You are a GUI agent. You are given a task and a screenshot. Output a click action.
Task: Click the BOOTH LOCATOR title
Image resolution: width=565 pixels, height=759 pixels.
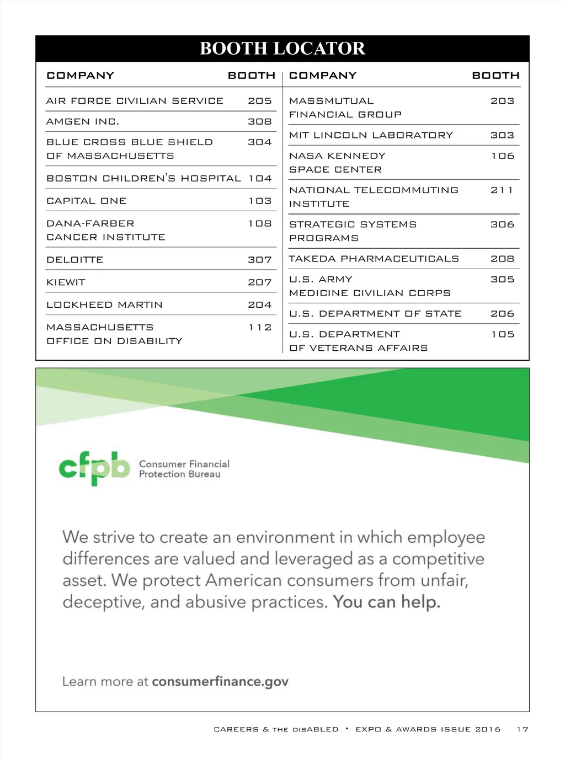[x=282, y=49]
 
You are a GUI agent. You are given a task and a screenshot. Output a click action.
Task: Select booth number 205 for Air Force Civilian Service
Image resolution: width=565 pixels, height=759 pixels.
[x=259, y=101]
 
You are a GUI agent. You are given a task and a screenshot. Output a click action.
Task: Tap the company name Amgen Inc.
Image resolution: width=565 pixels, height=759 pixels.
[x=83, y=121]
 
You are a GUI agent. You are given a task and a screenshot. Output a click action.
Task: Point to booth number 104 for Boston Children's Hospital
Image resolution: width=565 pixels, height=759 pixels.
[x=260, y=179]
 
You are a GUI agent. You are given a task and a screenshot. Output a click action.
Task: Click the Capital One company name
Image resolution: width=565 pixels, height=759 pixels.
[x=87, y=201]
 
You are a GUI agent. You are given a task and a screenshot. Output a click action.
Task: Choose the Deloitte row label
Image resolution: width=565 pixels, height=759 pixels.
[x=75, y=260]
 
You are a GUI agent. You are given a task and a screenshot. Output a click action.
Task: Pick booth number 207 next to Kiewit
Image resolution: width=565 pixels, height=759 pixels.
[x=259, y=282]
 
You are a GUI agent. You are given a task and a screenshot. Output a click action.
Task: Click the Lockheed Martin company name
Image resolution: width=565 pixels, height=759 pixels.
[x=105, y=305]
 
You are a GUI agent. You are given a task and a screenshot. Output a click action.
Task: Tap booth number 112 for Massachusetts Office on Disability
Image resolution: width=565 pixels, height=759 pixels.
[x=260, y=328]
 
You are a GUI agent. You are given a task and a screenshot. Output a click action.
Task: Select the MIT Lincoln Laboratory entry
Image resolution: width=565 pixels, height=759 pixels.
[x=371, y=135]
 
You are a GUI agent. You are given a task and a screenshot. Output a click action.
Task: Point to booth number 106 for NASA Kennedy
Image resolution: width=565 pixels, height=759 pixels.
[x=503, y=156]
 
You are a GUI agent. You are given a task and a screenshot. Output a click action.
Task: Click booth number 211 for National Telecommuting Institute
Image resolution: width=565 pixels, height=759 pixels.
[x=502, y=190]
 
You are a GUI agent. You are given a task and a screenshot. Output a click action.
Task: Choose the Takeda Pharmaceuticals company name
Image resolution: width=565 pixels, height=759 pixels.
[x=374, y=259]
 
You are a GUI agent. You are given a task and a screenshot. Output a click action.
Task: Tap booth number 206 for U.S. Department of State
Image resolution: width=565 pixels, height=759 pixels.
[x=502, y=314]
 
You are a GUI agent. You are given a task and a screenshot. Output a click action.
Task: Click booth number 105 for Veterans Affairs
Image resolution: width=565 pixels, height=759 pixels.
[x=503, y=334]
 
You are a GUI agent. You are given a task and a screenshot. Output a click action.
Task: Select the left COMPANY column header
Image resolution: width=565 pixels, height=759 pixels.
[x=81, y=76]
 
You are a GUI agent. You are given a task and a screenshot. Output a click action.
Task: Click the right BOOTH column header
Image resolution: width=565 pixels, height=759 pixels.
[x=495, y=76]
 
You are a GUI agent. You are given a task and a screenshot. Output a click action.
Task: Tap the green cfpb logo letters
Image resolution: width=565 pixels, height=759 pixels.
[x=94, y=468]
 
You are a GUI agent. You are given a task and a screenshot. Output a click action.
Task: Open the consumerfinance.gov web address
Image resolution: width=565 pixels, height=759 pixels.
[x=220, y=682]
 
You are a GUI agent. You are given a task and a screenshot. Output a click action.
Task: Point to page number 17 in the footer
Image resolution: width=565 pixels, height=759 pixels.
[x=522, y=729]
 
